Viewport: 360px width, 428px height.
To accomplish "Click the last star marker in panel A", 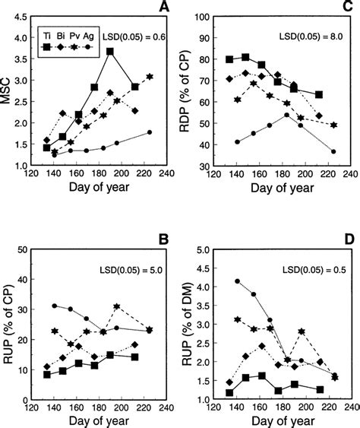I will tap(150, 77).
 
